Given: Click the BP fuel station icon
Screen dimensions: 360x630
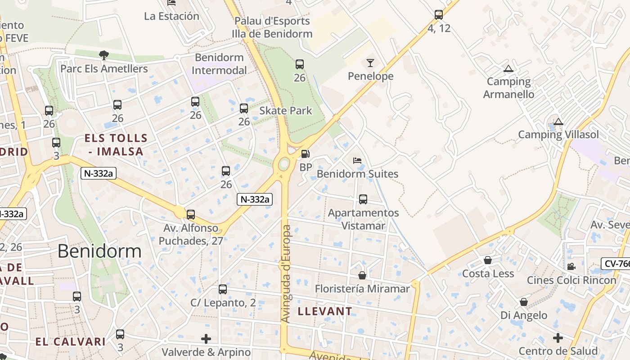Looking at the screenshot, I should [x=305, y=154].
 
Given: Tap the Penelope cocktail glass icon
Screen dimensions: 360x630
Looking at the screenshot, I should [x=370, y=63].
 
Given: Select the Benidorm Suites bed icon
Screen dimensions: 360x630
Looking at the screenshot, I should [x=357, y=160].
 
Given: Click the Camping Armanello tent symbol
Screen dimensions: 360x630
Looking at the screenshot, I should [x=508, y=68].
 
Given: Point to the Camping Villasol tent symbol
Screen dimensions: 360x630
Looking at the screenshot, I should [x=558, y=121].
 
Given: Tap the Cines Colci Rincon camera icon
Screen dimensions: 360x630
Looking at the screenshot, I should [x=571, y=266].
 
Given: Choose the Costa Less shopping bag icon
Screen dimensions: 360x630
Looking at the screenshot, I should [x=487, y=260].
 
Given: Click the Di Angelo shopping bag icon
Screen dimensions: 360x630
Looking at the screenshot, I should [x=524, y=301].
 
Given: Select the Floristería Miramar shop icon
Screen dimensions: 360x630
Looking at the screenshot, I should [x=362, y=275].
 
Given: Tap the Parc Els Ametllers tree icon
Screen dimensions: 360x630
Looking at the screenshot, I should [x=104, y=55].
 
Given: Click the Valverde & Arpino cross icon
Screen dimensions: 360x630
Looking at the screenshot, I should [x=206, y=338].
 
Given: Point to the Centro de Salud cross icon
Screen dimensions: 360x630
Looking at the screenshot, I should [x=558, y=337].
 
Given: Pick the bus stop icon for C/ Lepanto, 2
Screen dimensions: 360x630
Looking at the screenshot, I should [x=223, y=289].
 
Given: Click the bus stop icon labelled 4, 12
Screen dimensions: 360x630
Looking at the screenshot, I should [x=439, y=14].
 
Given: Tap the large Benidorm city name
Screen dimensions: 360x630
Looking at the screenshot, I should [x=99, y=251].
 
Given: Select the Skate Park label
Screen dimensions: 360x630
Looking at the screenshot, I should [x=286, y=111].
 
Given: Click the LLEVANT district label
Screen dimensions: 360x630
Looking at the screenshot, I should [x=325, y=311].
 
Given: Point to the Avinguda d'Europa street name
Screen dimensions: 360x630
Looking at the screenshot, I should [x=286, y=274].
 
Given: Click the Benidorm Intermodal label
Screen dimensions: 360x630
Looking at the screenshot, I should [x=220, y=64].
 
